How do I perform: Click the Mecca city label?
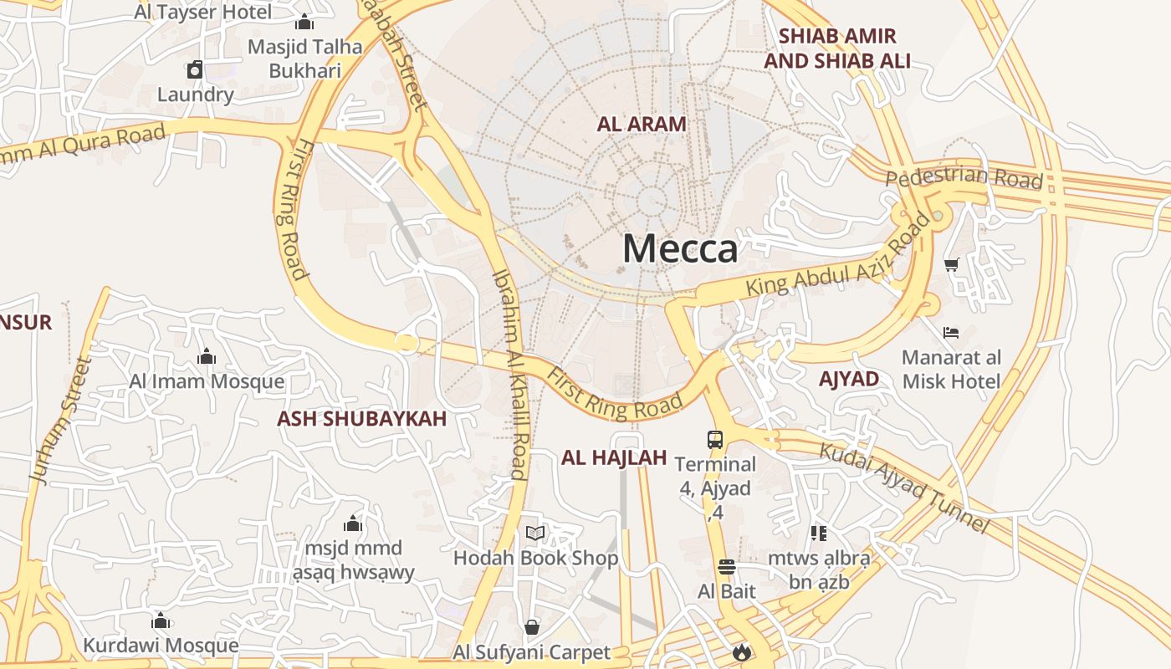tap(680, 249)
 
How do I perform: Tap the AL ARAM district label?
tap(642, 124)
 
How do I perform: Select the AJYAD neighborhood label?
tap(849, 379)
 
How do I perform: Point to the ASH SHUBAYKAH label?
tap(362, 419)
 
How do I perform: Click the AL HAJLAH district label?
tap(614, 457)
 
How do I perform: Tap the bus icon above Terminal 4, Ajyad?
tap(715, 439)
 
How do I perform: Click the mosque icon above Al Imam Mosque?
tap(207, 357)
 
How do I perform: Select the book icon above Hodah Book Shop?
tap(535, 533)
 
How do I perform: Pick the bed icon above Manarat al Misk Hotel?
tap(951, 333)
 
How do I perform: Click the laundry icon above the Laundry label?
tap(195, 69)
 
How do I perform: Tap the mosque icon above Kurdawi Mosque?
tap(161, 620)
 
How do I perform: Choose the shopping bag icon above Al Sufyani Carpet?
tap(531, 627)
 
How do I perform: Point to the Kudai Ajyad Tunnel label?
tap(903, 488)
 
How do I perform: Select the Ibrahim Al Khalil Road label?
tap(509, 375)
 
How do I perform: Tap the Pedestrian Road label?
tap(964, 178)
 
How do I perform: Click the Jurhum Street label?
tap(59, 421)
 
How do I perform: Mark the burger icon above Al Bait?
tap(727, 567)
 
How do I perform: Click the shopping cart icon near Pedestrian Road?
tap(951, 265)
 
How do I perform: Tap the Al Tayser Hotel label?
tap(203, 13)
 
